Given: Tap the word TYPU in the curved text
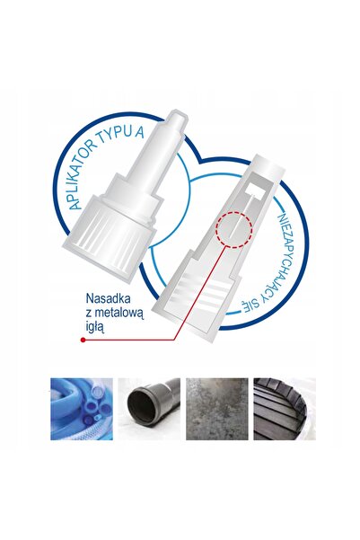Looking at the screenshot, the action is pyautogui.click(x=115, y=134).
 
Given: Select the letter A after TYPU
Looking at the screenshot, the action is pyautogui.click(x=139, y=132).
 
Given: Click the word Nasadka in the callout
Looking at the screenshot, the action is pyautogui.click(x=108, y=298).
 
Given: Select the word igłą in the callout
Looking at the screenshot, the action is pyautogui.click(x=94, y=326).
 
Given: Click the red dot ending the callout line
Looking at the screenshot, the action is pyautogui.click(x=83, y=340).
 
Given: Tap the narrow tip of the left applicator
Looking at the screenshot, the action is pyautogui.click(x=177, y=120).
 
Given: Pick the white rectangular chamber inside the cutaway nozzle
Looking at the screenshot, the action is pyautogui.click(x=255, y=189).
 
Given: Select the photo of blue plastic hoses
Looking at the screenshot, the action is pyautogui.click(x=82, y=409).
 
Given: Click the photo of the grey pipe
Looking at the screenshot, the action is pyautogui.click(x=149, y=409).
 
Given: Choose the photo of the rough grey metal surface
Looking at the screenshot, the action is pyautogui.click(x=217, y=409).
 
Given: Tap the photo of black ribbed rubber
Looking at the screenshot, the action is pyautogui.click(x=285, y=409).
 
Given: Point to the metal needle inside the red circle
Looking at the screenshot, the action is pyautogui.click(x=235, y=230).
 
